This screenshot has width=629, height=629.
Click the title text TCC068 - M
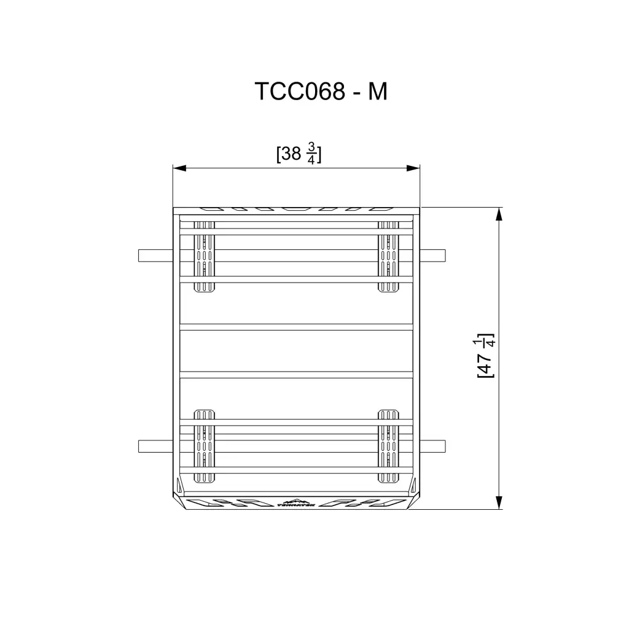point(321,92)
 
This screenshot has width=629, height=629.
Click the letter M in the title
point(377,92)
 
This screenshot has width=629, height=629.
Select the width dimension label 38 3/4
point(299,154)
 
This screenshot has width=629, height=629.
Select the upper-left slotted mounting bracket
point(205,256)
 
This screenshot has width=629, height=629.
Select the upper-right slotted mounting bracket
point(388,256)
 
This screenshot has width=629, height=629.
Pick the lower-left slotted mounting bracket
point(205,445)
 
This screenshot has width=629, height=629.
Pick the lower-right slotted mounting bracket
point(388,445)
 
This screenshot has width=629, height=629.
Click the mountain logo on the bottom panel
point(296,502)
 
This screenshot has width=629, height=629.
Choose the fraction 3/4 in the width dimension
point(311,154)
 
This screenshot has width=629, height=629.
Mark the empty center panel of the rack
point(296,351)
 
